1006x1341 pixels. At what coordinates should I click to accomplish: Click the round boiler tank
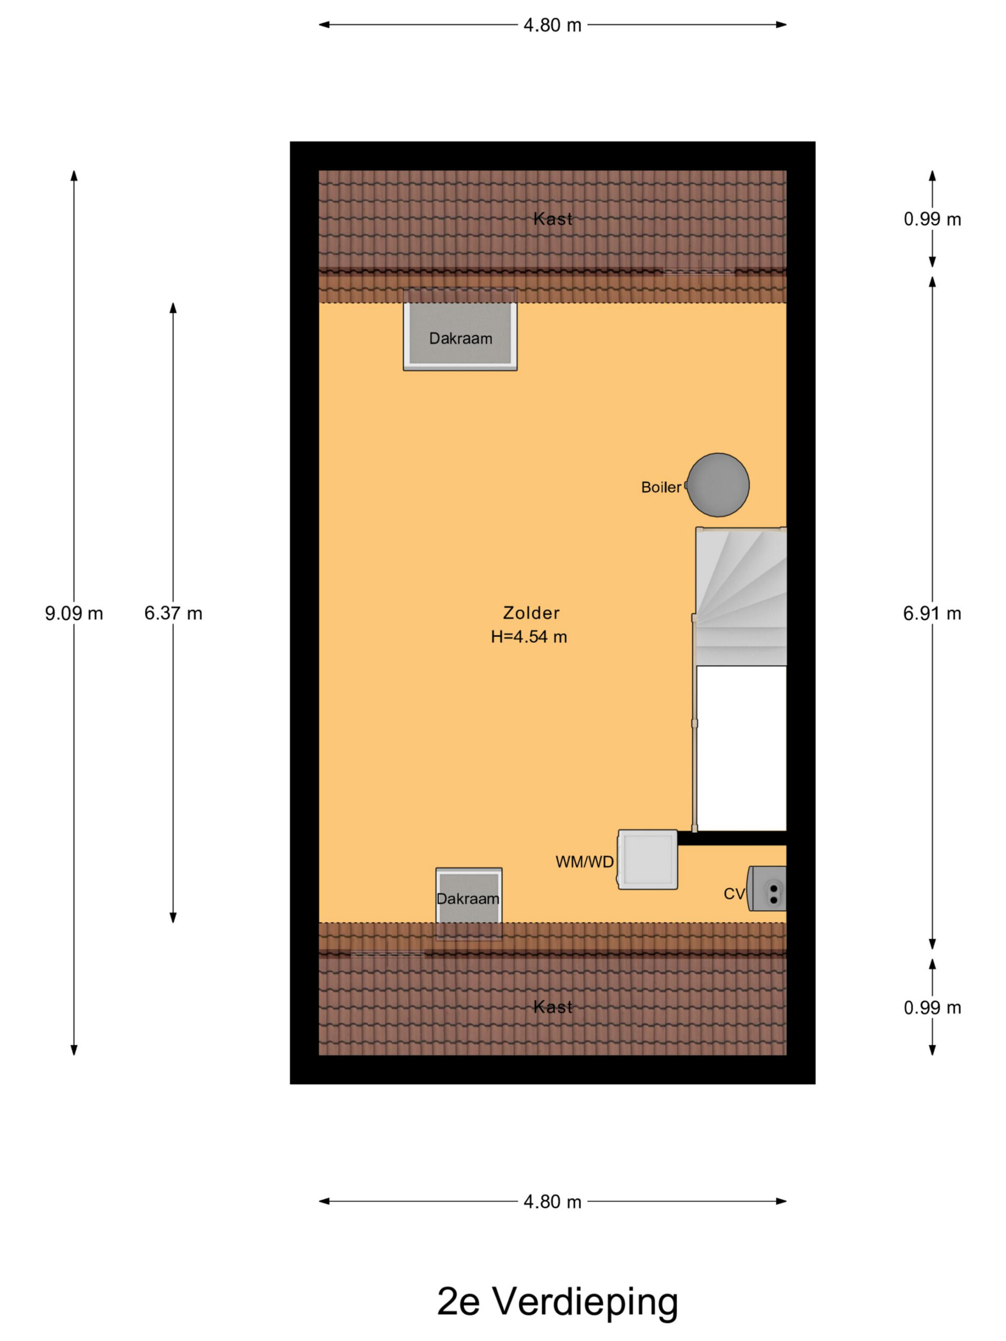(717, 485)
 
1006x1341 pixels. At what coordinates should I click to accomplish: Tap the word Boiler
(661, 487)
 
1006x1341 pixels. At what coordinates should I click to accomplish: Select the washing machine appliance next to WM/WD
(647, 860)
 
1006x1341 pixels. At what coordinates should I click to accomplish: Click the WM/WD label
(585, 862)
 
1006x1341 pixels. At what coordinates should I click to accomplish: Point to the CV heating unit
(767, 889)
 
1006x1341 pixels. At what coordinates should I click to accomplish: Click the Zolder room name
(531, 613)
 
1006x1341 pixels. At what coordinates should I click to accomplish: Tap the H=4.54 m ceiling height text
(529, 636)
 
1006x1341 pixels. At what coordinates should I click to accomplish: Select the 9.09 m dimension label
(74, 613)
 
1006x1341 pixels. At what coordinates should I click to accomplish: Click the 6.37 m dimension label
(173, 613)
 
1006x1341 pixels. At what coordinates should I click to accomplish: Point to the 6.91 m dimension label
(932, 613)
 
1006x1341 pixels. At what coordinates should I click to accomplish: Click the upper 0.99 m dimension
(932, 219)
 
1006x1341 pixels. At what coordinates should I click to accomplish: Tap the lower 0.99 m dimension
(932, 1007)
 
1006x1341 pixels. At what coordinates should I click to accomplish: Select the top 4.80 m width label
(552, 26)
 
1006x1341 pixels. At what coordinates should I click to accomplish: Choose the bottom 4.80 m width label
(552, 1202)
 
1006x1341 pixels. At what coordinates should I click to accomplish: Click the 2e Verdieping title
(557, 1301)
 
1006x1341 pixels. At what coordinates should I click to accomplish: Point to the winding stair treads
(741, 597)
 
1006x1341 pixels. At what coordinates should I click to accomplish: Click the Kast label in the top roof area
(552, 219)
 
